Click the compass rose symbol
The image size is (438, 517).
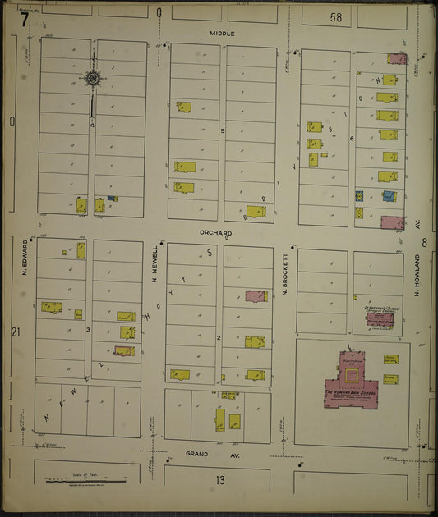coord(92,79)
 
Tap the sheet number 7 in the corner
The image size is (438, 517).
coord(25,18)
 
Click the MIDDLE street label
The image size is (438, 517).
coord(222,34)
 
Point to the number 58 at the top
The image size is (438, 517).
coord(335,16)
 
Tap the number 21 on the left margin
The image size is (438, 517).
coord(16,332)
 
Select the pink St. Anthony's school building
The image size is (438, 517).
coord(379,318)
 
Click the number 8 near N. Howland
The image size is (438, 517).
coord(425,242)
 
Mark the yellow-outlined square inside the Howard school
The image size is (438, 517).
coord(352,376)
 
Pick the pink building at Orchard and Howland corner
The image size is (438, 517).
coord(392,222)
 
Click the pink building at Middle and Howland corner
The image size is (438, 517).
coord(397,59)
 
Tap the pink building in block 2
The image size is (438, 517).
coord(256,295)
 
